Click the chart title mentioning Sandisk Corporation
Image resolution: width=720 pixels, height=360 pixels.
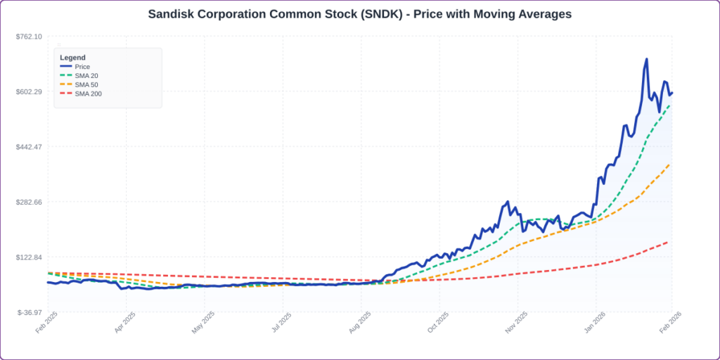(359, 14)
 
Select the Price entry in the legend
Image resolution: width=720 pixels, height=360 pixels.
(82, 67)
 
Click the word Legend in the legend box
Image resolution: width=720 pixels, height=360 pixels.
(72, 57)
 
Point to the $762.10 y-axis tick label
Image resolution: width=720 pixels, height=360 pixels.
(29, 37)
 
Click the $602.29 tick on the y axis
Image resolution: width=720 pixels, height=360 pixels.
(29, 91)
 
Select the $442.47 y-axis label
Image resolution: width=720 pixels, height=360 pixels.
(29, 147)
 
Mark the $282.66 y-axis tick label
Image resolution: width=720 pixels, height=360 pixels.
(29, 202)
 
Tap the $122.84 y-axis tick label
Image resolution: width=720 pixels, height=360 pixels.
(29, 257)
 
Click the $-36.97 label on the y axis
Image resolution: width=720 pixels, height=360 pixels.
(30, 312)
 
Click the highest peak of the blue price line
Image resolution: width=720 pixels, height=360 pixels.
(646, 59)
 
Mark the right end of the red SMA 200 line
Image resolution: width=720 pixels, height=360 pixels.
(667, 242)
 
